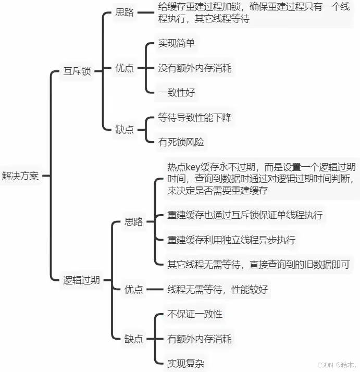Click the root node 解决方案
20,176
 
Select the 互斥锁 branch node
77,71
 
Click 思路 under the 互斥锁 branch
125,13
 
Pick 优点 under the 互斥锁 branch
125,68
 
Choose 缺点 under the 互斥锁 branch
125,129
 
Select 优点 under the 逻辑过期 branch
133,290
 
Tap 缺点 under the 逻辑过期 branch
133,339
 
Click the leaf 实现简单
176,44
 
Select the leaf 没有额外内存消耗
195,68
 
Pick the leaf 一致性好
176,93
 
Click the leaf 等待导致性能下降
195,117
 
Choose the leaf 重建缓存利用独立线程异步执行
231,240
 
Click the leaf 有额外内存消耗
200,339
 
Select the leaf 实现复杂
185,363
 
